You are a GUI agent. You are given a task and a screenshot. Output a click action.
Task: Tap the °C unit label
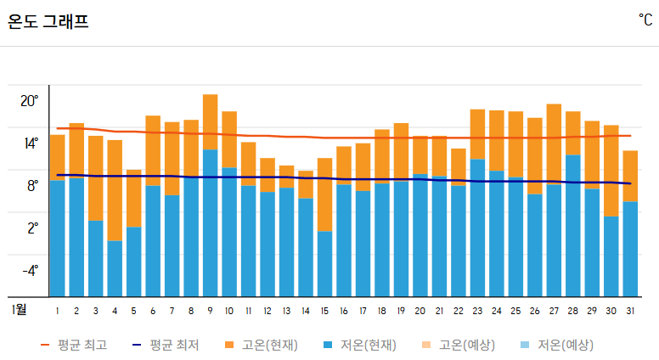pos(645,20)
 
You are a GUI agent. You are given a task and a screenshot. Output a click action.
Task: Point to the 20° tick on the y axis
pos(30,100)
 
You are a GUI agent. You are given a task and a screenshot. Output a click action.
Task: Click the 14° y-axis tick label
pos(30,143)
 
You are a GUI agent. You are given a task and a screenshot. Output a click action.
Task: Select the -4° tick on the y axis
pos(30,270)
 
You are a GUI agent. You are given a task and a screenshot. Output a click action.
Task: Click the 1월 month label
pos(19,309)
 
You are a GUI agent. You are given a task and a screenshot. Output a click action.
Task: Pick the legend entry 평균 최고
pos(74,345)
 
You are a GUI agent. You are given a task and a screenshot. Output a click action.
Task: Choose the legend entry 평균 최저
pos(166,345)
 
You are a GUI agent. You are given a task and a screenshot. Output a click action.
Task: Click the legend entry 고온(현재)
pos(261,345)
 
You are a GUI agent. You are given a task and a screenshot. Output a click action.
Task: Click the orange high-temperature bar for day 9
pos(210,121)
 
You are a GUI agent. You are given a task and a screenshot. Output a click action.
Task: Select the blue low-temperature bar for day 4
pos(115,268)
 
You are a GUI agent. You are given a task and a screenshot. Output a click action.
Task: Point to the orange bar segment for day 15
pos(324,194)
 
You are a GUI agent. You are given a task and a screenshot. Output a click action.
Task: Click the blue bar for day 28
pos(573,225)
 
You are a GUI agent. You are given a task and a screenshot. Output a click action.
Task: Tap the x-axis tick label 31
pos(629,310)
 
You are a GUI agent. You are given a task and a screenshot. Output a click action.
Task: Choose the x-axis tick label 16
pos(343,310)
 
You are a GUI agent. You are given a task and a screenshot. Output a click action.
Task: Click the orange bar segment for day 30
pos(611,171)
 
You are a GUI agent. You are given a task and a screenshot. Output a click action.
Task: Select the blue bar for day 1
pos(57,238)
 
